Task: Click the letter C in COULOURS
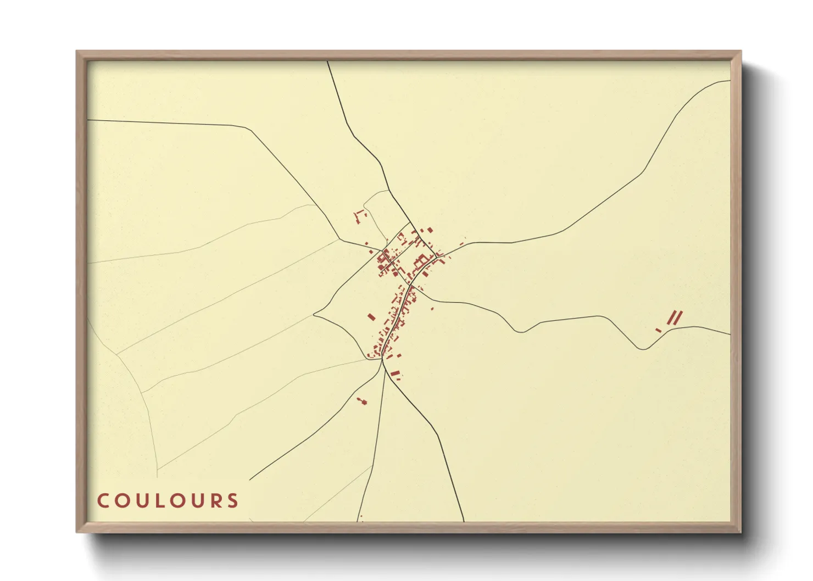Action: point(103,501)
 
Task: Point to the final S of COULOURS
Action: point(234,501)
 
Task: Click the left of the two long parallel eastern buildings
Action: point(671,317)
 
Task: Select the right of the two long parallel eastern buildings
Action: point(678,316)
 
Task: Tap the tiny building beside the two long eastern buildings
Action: point(658,330)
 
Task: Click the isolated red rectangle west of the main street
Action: point(371,317)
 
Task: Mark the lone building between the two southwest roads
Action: point(362,401)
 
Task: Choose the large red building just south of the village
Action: point(394,374)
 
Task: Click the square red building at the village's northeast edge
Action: point(430,230)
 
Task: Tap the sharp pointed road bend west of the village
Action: point(314,315)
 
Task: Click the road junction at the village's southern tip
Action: point(382,360)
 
